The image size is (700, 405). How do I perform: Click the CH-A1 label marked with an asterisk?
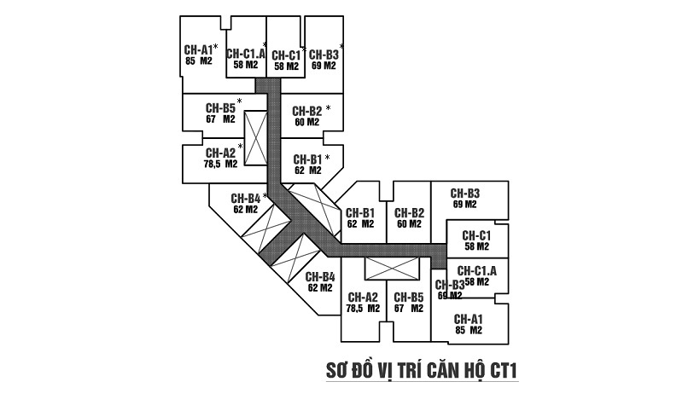[x=198, y=49]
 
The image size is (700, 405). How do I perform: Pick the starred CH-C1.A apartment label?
[x=245, y=53]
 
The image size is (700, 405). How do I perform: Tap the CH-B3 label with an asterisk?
[x=324, y=53]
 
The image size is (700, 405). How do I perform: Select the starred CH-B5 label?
[x=220, y=108]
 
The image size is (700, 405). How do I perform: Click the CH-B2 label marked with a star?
[x=306, y=111]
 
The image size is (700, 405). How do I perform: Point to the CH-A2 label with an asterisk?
[x=219, y=153]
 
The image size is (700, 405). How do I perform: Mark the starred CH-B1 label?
[x=306, y=159]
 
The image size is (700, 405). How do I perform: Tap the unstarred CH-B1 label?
[x=360, y=213]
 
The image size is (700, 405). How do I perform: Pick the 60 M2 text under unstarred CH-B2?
[x=410, y=224]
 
